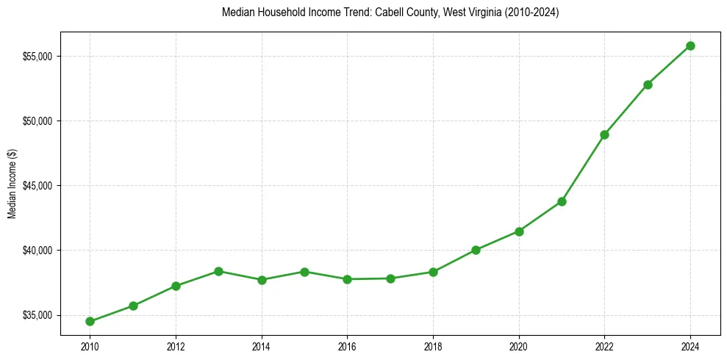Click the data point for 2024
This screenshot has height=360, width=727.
point(690,46)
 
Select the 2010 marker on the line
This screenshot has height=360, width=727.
point(90,321)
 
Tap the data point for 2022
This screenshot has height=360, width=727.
point(604,134)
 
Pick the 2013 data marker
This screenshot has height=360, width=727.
point(218,271)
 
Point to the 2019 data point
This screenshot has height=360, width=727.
point(476,250)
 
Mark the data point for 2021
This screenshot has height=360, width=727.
point(562,201)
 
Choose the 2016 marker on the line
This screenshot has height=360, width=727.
point(347,279)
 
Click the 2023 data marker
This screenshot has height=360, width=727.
point(648,84)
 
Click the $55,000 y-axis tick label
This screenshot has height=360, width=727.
point(37,57)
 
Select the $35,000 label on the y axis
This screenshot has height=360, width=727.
point(37,316)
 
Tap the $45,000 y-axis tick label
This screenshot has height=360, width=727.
point(37,186)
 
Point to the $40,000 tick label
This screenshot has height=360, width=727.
point(37,251)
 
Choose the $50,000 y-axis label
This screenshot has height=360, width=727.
point(37,121)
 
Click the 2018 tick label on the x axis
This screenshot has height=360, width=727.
point(433,346)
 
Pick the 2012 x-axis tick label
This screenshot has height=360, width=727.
point(176,346)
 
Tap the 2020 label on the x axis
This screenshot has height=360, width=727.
point(519,346)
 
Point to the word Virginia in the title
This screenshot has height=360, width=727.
point(481,12)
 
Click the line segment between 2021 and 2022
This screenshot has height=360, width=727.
point(583,168)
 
